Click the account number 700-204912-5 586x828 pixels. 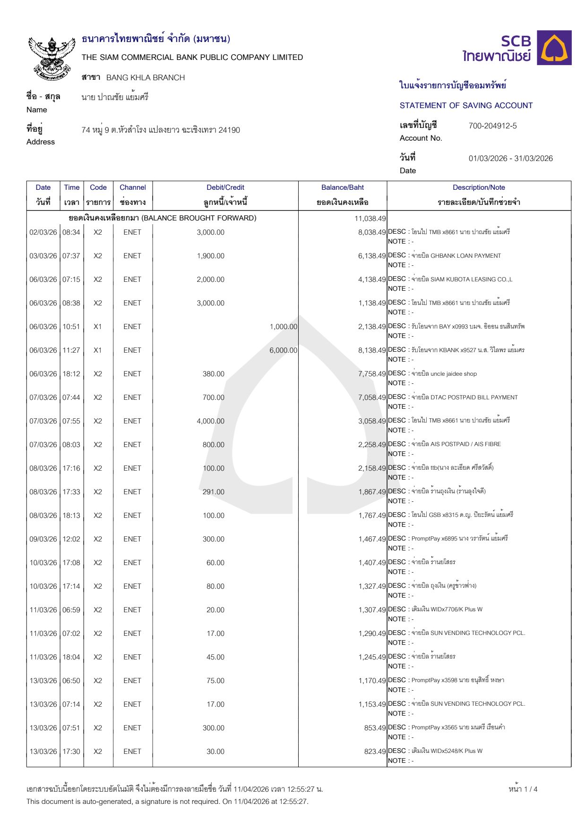(492, 126)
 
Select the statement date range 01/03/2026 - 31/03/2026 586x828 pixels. (510, 159)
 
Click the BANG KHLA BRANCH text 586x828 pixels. (146, 77)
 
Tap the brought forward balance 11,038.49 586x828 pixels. (370, 219)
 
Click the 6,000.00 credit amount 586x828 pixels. (283, 350)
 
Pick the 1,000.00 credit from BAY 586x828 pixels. (283, 327)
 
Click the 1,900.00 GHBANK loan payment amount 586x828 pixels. (210, 256)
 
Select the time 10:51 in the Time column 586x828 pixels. (71, 327)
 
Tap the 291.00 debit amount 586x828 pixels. (213, 492)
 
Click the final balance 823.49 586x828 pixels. (375, 752)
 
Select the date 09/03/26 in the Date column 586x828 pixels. (43, 539)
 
